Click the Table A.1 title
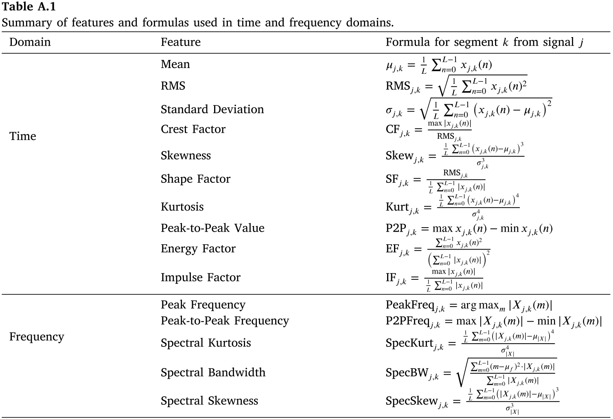coord(29,7)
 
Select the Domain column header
coord(30,42)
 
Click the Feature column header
coord(181,42)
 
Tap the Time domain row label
coord(23,136)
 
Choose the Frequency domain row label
coord(37,337)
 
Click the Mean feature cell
coord(175,64)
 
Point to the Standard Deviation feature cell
coord(212,109)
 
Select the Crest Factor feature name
coord(193,129)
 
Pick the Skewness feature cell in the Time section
coord(186,156)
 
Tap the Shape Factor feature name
coord(195,179)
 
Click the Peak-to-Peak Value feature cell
coord(212,228)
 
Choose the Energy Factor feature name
coord(198,249)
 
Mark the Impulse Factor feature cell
coord(200,277)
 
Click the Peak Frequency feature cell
coord(203,305)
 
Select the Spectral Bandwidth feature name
coord(213,373)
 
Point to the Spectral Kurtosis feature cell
coord(206,343)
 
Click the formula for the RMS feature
coord(456,86)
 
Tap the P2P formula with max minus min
coord(469,229)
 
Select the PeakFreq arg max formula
coord(469,305)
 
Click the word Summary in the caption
coord(27,22)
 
